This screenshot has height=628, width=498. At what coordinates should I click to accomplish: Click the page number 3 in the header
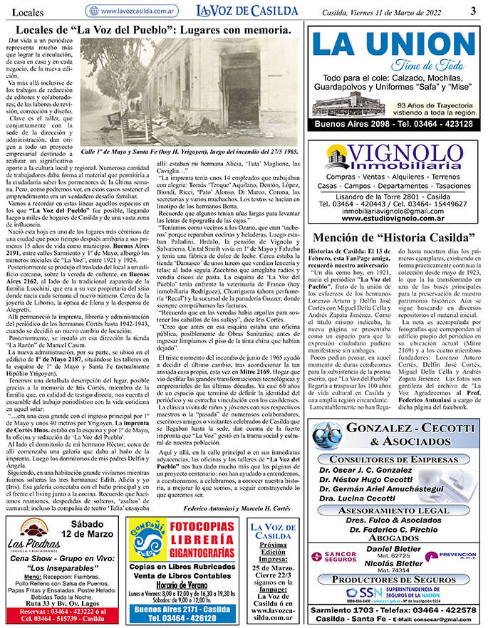pos(472,10)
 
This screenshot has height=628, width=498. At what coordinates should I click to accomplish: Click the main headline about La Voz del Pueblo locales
pos(152,31)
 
